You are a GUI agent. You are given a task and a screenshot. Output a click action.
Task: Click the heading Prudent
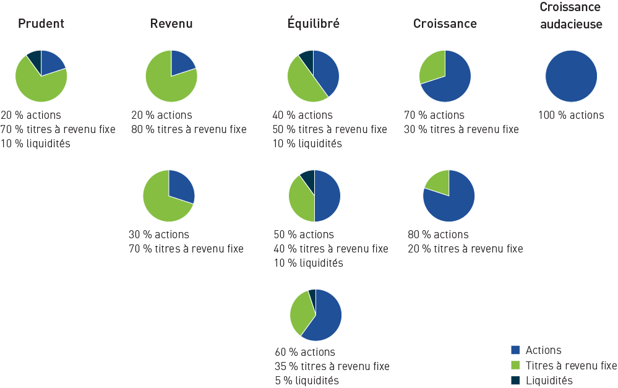click(x=41, y=24)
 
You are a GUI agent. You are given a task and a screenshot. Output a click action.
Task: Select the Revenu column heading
click(x=171, y=24)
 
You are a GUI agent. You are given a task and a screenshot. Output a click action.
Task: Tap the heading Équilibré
click(x=313, y=24)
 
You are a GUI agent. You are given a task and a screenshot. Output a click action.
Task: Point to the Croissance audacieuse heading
click(x=570, y=15)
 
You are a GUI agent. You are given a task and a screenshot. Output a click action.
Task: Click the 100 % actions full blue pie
click(x=571, y=76)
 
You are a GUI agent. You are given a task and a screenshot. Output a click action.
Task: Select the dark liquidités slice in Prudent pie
click(x=35, y=59)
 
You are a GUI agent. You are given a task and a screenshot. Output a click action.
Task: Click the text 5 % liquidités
click(x=306, y=381)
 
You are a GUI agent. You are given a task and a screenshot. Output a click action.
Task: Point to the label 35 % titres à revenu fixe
click(x=332, y=366)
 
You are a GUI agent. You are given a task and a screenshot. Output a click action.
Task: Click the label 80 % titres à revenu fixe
click(x=189, y=129)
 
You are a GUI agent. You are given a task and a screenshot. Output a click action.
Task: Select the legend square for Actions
click(x=516, y=350)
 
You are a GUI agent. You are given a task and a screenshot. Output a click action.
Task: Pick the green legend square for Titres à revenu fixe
click(x=516, y=366)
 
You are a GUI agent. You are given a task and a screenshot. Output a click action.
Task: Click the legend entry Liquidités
click(x=549, y=381)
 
